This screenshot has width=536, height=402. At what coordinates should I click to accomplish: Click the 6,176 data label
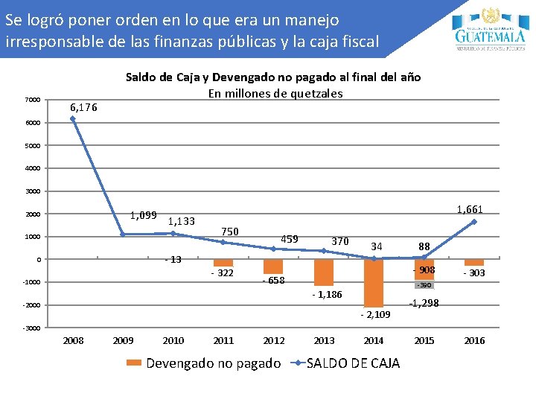tap(83, 107)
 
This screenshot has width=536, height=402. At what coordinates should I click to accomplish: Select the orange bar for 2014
tap(374, 283)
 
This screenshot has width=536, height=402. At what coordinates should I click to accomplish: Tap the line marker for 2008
tap(72, 118)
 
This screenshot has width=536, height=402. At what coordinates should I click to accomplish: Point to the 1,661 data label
tap(470, 210)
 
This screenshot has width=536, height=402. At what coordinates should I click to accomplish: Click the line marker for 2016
tap(474, 222)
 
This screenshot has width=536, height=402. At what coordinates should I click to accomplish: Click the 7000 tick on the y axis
tap(31, 100)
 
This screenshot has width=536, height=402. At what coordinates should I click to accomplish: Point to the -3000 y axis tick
tap(31, 328)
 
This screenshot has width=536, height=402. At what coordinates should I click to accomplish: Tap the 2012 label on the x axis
tap(274, 341)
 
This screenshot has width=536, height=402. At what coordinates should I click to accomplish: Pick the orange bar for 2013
tap(324, 272)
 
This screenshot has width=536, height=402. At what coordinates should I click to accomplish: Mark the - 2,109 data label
tap(375, 315)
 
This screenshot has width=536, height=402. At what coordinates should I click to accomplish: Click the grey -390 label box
tap(424, 285)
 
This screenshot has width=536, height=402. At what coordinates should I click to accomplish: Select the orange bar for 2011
tap(223, 263)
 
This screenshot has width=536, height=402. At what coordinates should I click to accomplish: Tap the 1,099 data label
tap(143, 215)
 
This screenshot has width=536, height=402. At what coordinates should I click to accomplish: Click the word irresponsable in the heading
tap(53, 41)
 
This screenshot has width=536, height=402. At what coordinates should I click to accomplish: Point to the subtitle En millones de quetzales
tap(275, 93)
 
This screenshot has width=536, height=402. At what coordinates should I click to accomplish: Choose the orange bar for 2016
tap(474, 263)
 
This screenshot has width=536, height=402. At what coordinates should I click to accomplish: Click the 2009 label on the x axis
tap(123, 341)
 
